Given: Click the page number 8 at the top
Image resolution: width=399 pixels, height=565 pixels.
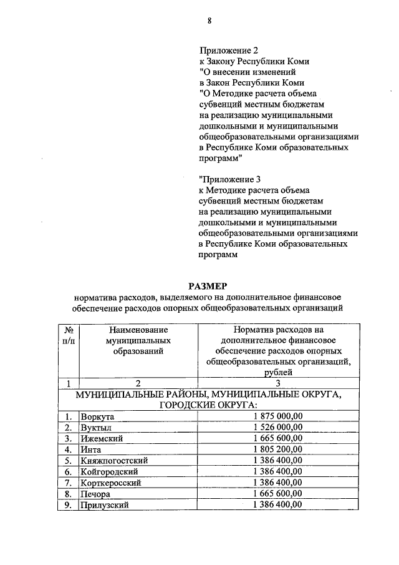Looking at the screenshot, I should click(209, 21).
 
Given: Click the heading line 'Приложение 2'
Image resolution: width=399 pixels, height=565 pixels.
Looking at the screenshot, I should click(228, 50).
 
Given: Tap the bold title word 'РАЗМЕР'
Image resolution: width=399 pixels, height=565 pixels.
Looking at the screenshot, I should click(209, 285).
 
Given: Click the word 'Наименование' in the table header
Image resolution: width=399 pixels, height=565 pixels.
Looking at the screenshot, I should click(138, 328).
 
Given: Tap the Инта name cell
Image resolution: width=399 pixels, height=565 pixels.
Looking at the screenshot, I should click(92, 449).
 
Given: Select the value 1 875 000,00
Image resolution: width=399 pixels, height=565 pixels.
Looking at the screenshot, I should click(278, 416).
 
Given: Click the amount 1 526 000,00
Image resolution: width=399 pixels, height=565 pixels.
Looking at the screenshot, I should click(278, 427).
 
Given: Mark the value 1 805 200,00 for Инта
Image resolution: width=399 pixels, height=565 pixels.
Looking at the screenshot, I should click(278, 449).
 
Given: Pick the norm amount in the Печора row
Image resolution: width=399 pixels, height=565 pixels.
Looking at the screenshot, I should click(278, 494).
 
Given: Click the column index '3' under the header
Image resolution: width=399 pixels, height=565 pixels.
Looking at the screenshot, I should click(278, 383).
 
